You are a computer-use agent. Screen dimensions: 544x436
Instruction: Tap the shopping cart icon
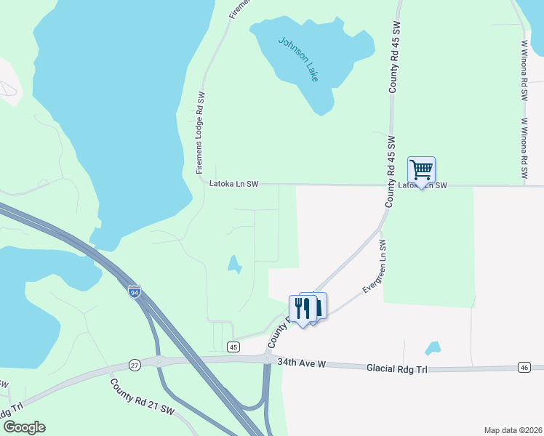pos(421,170)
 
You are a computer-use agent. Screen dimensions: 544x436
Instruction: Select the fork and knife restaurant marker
pos(303,309)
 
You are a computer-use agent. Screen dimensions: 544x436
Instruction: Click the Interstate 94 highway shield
pos(134,292)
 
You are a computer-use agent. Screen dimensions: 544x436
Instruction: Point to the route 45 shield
pos(233,347)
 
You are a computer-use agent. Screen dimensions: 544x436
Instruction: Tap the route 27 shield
pos(135,363)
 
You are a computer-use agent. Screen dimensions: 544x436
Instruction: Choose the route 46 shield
pos(524,368)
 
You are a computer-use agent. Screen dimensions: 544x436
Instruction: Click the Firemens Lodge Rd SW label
pos(201,132)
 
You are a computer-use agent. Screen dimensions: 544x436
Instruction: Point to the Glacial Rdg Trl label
pos(399,369)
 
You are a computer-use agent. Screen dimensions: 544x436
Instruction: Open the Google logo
pos(24,427)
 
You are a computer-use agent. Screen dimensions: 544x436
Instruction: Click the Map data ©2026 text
pos(513,429)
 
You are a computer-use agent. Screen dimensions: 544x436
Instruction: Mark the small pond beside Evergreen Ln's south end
pos(433,347)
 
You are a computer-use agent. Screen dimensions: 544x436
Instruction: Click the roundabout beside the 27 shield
pos(160,361)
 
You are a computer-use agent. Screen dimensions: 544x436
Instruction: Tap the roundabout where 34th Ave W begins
pos(268,359)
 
